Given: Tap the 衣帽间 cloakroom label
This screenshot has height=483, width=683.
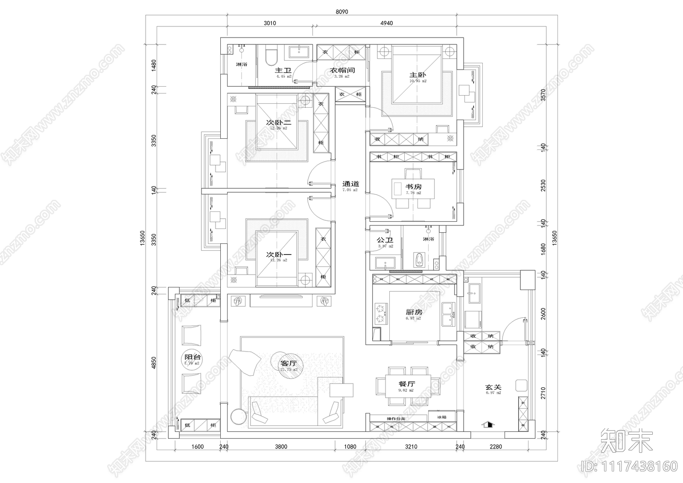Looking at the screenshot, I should (x=342, y=70).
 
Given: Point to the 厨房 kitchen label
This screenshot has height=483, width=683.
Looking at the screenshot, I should (x=413, y=312).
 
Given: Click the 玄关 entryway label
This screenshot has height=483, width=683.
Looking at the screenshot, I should (x=493, y=388).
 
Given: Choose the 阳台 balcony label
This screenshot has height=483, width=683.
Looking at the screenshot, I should (x=193, y=357).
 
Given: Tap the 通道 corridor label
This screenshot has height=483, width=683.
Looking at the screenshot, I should (x=350, y=184).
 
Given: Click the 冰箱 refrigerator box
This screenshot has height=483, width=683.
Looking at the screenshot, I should (x=442, y=417).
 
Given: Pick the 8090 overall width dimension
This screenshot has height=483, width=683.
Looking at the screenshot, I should (x=341, y=12).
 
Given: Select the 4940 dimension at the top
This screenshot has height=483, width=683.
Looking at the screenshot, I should (x=386, y=23).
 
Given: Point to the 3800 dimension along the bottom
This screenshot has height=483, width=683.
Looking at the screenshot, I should (x=280, y=447).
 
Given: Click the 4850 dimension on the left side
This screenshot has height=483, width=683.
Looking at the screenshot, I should (x=155, y=363).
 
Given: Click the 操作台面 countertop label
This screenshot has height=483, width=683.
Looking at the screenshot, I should (x=396, y=419).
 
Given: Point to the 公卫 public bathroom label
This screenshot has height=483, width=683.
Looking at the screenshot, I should (x=385, y=240).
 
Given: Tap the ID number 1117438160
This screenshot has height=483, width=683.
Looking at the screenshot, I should (x=629, y=465).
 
